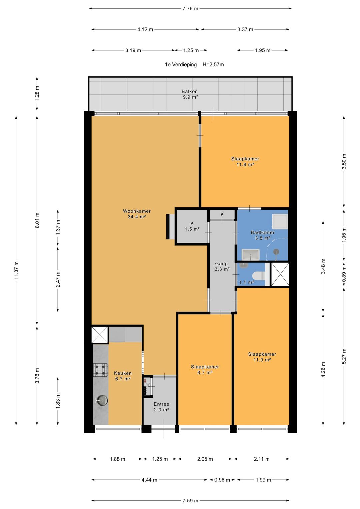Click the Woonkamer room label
[137, 211]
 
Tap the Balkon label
[190, 91]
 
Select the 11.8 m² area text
[245, 164]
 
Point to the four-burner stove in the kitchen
[100, 370]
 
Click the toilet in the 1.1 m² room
[259, 275]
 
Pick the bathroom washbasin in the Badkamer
[250, 255]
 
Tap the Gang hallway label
[221, 264]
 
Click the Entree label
[161, 404]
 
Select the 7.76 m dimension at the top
[190, 9]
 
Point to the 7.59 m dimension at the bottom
[190, 500]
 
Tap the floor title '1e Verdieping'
[181, 65]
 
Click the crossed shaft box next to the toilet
[280, 274]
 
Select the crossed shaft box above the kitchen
[100, 335]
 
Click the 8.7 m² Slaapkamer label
[205, 369]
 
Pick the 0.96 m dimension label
[222, 480]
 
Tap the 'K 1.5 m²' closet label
[192, 226]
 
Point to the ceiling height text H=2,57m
[213, 65]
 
